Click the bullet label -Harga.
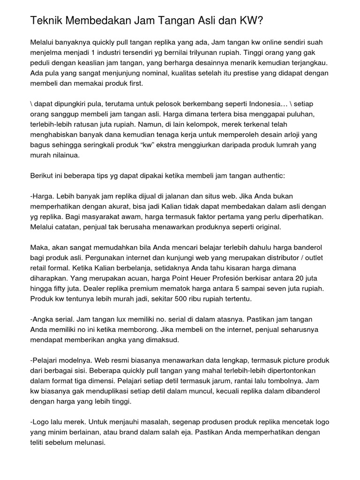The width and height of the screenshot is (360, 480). (42, 196)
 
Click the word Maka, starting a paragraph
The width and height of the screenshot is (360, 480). (40, 247)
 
